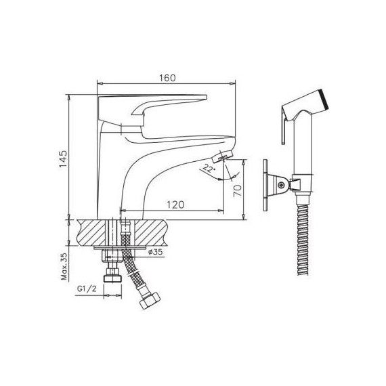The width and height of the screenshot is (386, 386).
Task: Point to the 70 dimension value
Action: point(237,190)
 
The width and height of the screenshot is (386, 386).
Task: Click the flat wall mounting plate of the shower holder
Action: point(267,185)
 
